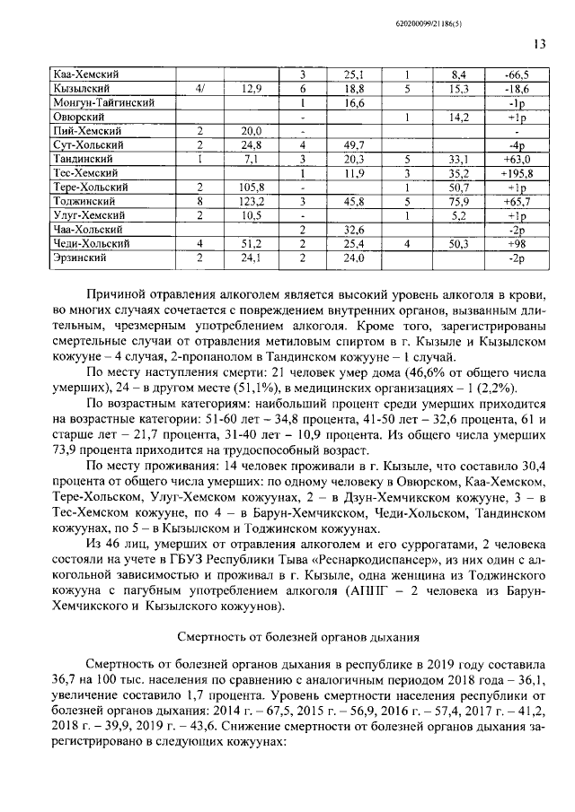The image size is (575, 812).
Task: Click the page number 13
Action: coord(539,44)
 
